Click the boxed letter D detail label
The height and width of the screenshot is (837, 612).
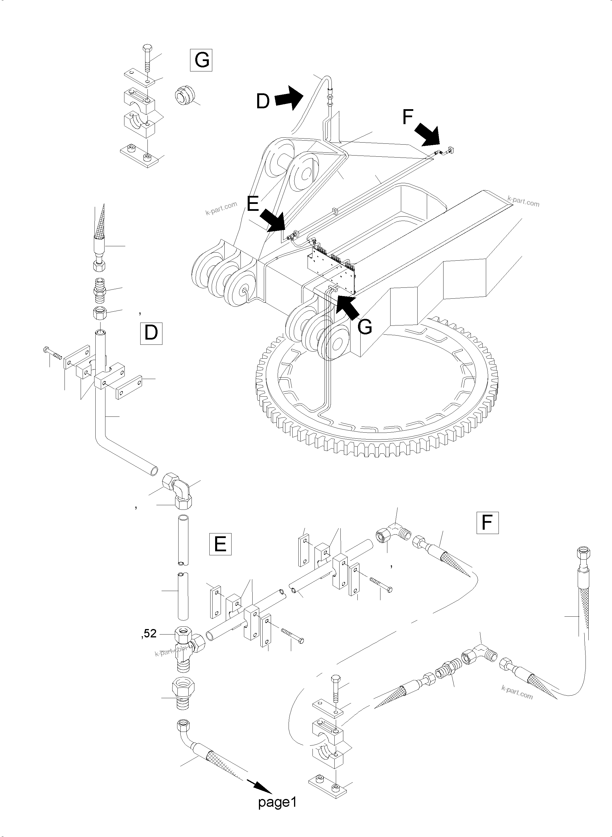point(151,334)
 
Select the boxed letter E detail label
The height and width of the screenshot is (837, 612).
point(220,544)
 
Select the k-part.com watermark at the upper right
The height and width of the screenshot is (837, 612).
point(523,202)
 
